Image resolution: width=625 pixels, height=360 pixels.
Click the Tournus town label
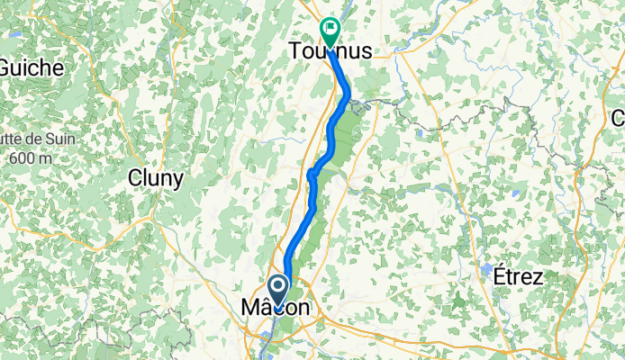[x=330, y=53]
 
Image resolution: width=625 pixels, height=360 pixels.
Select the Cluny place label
[x=156, y=178]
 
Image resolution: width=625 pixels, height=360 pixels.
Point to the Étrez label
[x=518, y=277]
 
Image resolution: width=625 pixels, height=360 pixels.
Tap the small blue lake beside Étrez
[x=487, y=269]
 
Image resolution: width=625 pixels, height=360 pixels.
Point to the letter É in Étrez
[x=498, y=276]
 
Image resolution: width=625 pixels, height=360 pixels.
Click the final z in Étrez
[x=538, y=278]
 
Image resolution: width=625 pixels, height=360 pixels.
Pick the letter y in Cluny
[x=178, y=180]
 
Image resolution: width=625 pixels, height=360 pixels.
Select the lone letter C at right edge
[x=619, y=118]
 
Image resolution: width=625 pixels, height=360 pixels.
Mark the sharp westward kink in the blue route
[x=310, y=173]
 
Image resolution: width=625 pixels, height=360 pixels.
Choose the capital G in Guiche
[x=7, y=67]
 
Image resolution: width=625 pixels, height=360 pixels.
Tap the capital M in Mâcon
[x=251, y=309]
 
